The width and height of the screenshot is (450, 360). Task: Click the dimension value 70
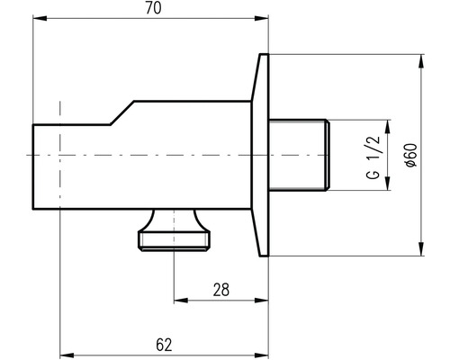153,8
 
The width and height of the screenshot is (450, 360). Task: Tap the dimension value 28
221,290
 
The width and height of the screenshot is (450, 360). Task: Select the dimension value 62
164,345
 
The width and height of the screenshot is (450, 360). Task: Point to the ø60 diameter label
411,155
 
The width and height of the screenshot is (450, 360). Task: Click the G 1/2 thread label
373,157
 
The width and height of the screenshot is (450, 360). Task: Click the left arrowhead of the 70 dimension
40,19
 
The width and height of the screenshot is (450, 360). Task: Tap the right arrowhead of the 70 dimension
261,19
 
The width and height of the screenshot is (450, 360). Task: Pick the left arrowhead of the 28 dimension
181,301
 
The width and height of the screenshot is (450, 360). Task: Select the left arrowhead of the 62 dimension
67,355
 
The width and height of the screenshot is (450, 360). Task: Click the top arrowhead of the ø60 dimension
421,61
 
